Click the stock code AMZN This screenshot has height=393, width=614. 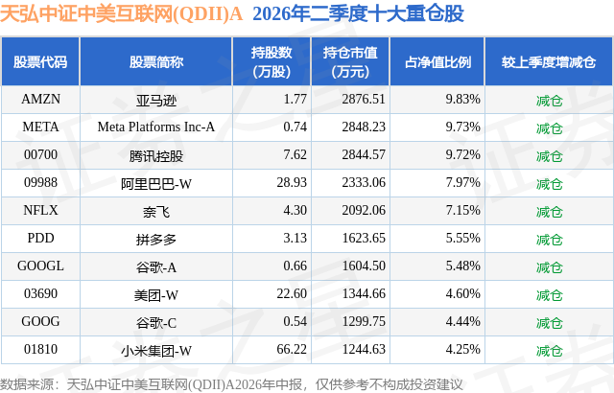coord(40,100)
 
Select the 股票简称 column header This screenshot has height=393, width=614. coord(155,62)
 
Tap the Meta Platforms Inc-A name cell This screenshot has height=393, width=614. coord(155,127)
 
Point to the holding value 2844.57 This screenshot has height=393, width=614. coord(364,155)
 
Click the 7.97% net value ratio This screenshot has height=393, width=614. coord(462,183)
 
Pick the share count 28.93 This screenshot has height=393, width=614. coord(292,183)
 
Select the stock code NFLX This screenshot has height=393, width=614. coord(40,210)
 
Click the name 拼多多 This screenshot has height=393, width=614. coord(155,240)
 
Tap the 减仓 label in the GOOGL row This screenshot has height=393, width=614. coord(549,267)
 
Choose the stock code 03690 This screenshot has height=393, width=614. coord(40,293)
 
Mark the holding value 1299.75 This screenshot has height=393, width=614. coord(364,321)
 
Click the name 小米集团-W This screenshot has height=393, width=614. coord(155,351)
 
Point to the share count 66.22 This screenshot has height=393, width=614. coord(292,349)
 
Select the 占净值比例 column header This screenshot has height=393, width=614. coord(437,62)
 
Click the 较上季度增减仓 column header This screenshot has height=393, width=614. coord(549,62)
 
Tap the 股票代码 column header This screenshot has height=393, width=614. coord(40,62)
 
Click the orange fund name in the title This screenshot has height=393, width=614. coord(122,14)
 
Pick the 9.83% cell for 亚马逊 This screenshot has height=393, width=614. coord(462,100)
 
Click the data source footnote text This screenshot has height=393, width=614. coord(231,384)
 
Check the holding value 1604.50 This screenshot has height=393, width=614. coord(364,266)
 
